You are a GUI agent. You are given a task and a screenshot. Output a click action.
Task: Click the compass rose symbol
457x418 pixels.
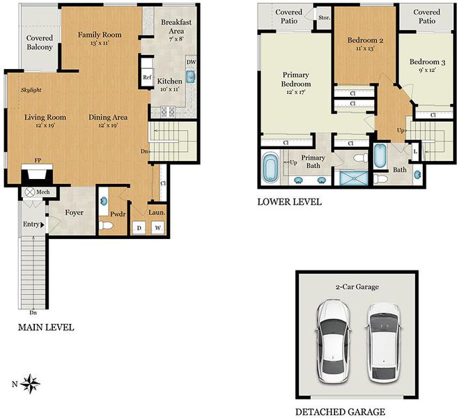pyautogui.click(x=30, y=384)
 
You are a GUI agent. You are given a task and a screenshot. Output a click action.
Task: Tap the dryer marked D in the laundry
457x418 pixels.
pyautogui.click(x=139, y=228)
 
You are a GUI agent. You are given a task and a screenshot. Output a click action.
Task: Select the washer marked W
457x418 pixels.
pyautogui.click(x=157, y=228)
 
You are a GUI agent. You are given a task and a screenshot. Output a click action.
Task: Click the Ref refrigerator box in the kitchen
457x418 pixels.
pyautogui.click(x=147, y=77)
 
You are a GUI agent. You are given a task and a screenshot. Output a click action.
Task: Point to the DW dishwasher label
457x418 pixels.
pyautogui.click(x=191, y=62)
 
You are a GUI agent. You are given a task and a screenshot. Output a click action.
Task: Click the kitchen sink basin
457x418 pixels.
pyautogui.click(x=191, y=77)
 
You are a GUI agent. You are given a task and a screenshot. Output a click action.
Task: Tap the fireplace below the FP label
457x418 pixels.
pyautogui.click(x=37, y=174)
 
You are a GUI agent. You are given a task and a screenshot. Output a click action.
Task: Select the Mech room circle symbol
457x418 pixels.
pyautogui.click(x=29, y=192)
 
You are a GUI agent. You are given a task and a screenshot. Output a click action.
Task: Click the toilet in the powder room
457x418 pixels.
pyautogui.click(x=105, y=225)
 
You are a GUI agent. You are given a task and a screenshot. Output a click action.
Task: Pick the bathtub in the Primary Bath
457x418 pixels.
pyautogui.click(x=270, y=167)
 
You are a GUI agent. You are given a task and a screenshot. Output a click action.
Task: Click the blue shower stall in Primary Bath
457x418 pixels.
pyautogui.click(x=354, y=178)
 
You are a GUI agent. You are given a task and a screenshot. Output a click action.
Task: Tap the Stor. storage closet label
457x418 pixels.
pyautogui.click(x=324, y=18)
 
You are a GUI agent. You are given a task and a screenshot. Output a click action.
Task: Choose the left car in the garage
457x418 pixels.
pyautogui.click(x=333, y=341)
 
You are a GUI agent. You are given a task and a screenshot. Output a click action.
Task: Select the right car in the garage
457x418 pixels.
pyautogui.click(x=382, y=343)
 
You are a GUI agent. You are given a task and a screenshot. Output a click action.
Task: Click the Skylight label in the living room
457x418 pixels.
pyautogui.click(x=31, y=90)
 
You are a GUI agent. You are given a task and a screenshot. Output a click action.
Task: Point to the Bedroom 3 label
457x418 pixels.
pyautogui.click(x=427, y=62)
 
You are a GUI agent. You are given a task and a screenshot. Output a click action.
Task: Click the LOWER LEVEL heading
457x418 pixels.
pyautogui.click(x=289, y=202)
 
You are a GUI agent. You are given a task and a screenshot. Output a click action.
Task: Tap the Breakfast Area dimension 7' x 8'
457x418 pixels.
pyautogui.click(x=176, y=38)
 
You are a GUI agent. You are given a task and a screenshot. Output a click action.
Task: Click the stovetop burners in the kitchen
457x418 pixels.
pyautogui.click(x=168, y=111)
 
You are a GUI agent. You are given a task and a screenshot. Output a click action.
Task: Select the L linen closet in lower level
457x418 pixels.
pyautogui.click(x=416, y=152)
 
